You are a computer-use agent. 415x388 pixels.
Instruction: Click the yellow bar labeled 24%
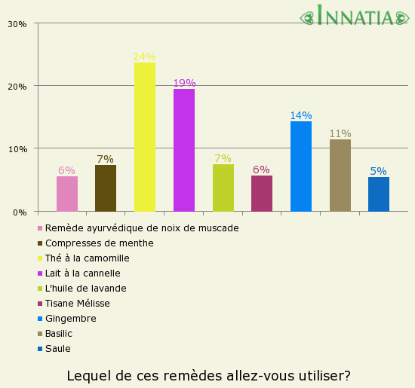(x=145, y=137)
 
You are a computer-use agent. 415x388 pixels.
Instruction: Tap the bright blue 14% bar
(x=301, y=167)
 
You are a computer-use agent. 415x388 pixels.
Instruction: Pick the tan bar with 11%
(x=340, y=176)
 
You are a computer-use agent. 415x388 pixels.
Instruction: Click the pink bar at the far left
(x=67, y=194)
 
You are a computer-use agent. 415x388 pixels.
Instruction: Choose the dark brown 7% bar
(x=106, y=188)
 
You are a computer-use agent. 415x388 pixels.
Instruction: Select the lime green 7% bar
(x=223, y=188)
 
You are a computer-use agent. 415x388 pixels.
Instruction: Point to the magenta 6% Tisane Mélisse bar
(x=262, y=194)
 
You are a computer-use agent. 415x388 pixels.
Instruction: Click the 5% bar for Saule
(x=379, y=194)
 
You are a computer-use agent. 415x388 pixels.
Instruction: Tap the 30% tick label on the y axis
(x=17, y=24)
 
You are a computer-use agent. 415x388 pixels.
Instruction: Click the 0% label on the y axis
(x=20, y=212)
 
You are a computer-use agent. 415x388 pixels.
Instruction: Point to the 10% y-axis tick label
(x=17, y=149)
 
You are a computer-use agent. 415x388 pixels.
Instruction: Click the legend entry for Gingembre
(x=70, y=319)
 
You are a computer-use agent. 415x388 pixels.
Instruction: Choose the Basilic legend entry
(x=63, y=334)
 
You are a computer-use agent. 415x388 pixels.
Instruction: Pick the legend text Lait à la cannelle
(x=83, y=273)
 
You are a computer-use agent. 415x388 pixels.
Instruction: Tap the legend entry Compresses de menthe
(x=99, y=243)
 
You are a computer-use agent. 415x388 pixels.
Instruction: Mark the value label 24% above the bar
(x=144, y=57)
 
